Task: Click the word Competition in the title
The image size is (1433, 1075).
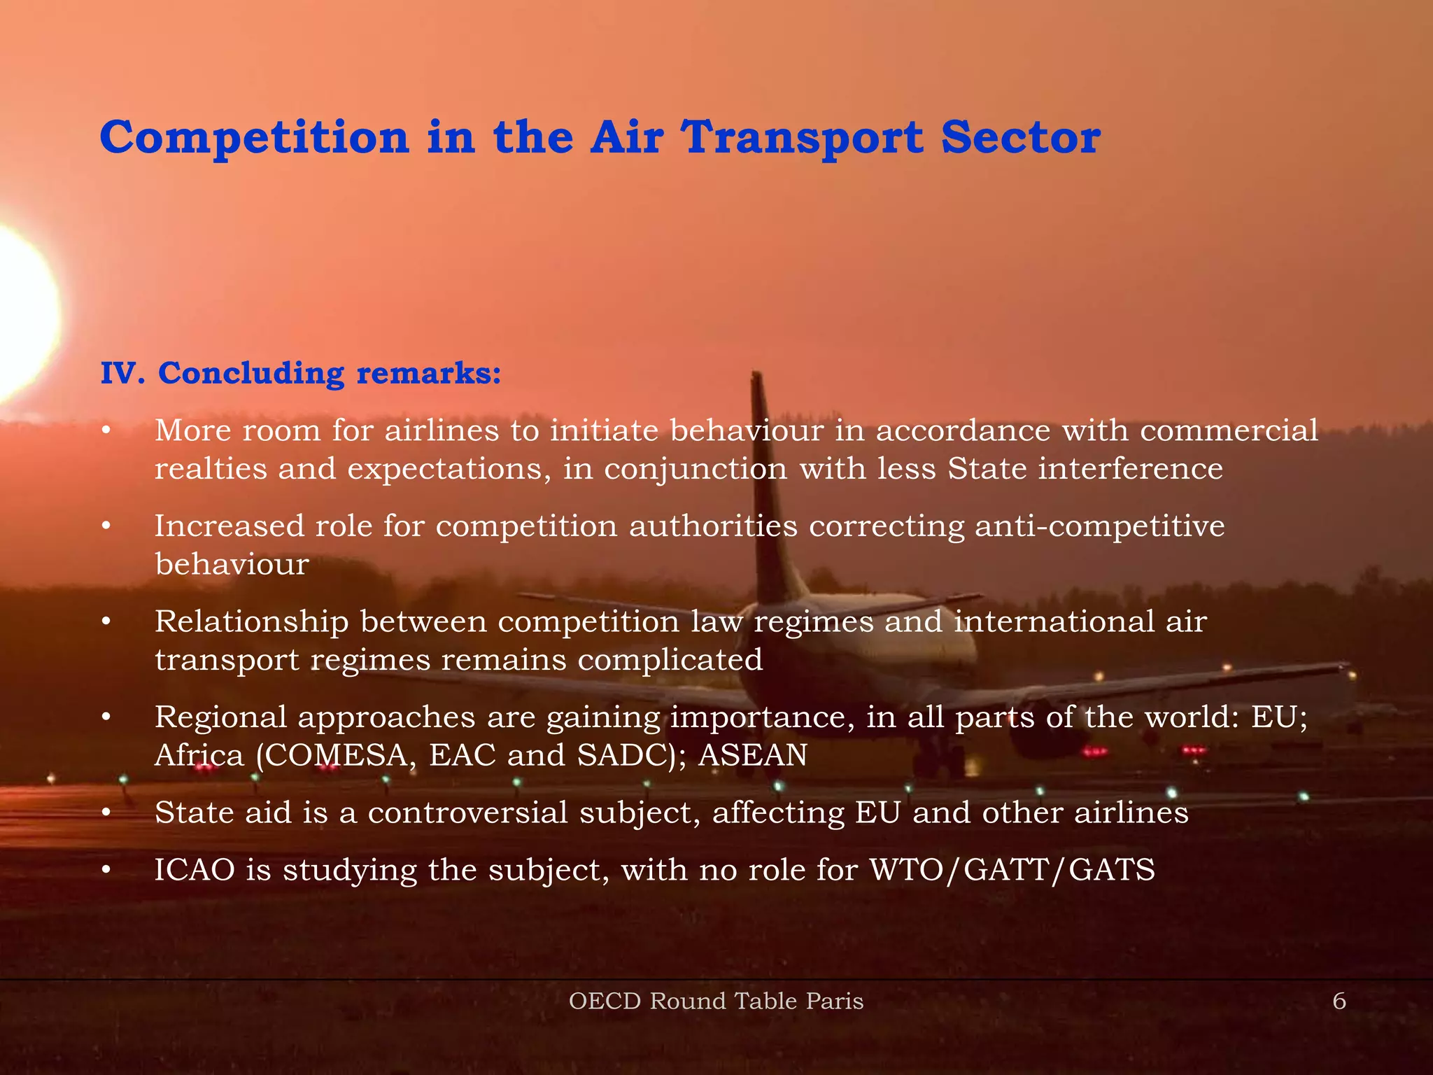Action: pos(254,137)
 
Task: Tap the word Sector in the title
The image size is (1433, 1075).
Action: pos(1020,137)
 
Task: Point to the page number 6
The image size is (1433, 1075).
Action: pos(1339,1001)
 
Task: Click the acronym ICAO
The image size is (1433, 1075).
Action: pos(194,870)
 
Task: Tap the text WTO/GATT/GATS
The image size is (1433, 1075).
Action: pos(1012,870)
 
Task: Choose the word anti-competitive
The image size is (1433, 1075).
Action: pos(1099,526)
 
